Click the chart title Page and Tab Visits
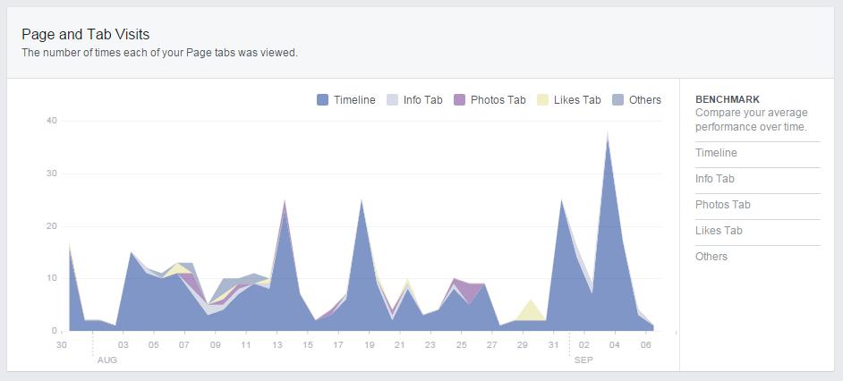86,34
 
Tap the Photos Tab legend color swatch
460,100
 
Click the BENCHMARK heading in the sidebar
727,99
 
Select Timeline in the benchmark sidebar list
716,153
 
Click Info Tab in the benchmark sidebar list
715,179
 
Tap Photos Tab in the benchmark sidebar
722,205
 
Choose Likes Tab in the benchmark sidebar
719,231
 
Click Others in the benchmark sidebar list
711,257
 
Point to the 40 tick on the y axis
52,121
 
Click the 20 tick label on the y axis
52,225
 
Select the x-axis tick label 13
277,345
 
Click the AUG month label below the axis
106,360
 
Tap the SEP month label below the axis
583,360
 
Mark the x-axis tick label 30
62,345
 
